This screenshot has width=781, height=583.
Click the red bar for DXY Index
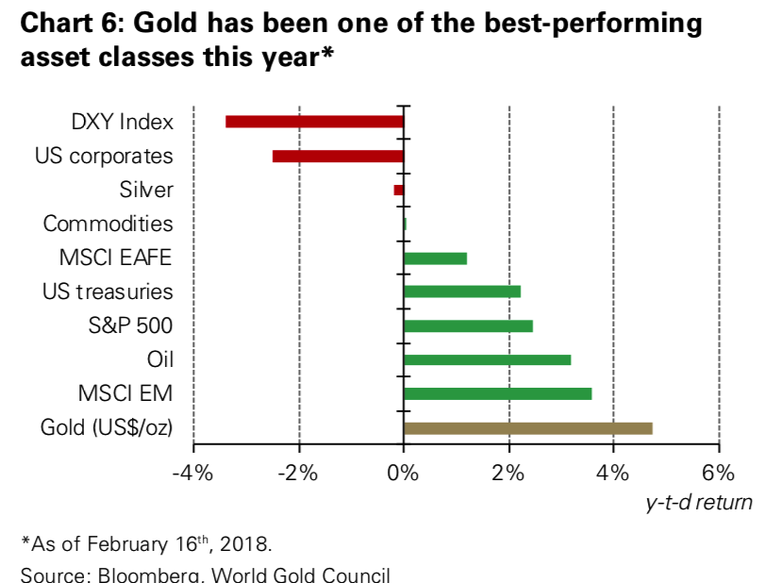pyautogui.click(x=314, y=122)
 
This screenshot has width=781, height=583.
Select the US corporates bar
pyautogui.click(x=338, y=156)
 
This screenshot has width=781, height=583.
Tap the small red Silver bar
pyautogui.click(x=399, y=190)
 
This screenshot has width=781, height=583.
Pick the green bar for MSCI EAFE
pyautogui.click(x=435, y=258)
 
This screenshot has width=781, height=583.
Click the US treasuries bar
pyautogui.click(x=461, y=291)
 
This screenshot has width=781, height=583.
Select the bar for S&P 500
pyautogui.click(x=468, y=325)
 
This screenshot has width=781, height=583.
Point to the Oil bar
pyautogui.click(x=487, y=359)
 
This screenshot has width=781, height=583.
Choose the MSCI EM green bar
pyautogui.click(x=497, y=393)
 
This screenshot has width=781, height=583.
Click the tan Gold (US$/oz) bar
pyautogui.click(x=527, y=427)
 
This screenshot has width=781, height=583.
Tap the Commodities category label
pyautogui.click(x=108, y=225)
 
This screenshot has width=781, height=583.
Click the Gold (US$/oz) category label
pyautogui.click(x=107, y=428)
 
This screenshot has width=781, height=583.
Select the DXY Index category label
pyautogui.click(x=123, y=123)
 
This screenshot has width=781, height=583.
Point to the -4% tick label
pyautogui.click(x=192, y=472)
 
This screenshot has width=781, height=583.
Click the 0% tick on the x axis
pyautogui.click(x=403, y=472)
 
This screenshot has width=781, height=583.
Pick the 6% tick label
pyautogui.click(x=718, y=472)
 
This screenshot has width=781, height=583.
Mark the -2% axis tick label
pyautogui.click(x=298, y=472)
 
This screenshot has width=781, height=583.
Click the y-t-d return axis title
pyautogui.click(x=699, y=502)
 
